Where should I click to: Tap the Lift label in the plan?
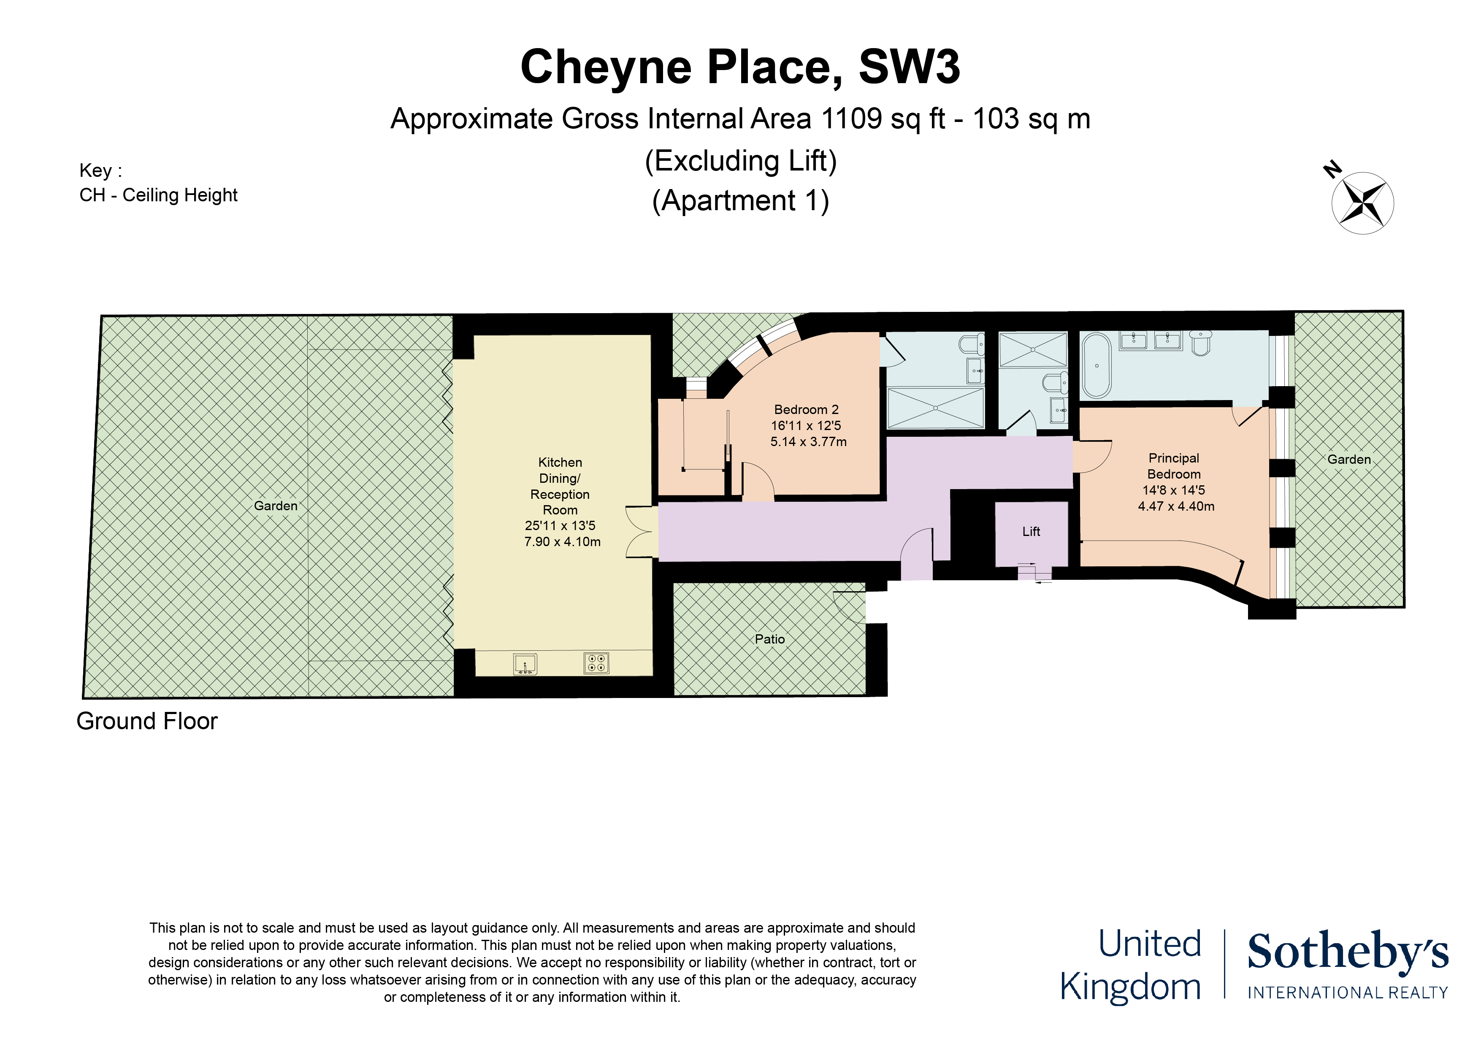pyautogui.click(x=1031, y=532)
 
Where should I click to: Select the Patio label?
pyautogui.click(x=769, y=639)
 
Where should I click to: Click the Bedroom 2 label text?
pyautogui.click(x=806, y=410)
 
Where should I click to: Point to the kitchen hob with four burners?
pyautogui.click(x=596, y=663)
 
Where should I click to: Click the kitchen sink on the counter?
pyautogui.click(x=525, y=664)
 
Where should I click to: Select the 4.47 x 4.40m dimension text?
pyautogui.click(x=1176, y=506)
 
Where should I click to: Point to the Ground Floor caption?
pyautogui.click(x=147, y=721)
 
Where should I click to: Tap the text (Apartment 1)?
pyautogui.click(x=740, y=200)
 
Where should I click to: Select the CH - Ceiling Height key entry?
pyautogui.click(x=159, y=195)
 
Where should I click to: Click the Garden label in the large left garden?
pyautogui.click(x=276, y=506)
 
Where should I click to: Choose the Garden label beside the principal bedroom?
pyautogui.click(x=1349, y=459)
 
